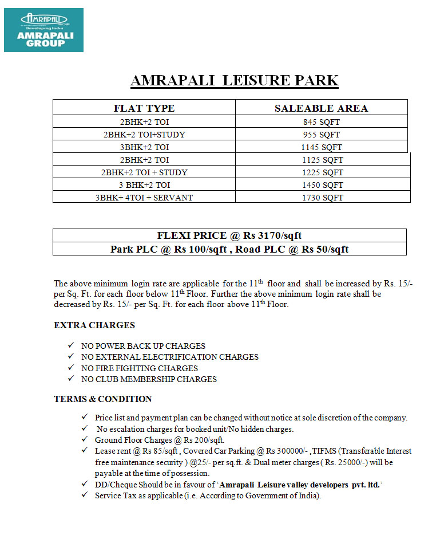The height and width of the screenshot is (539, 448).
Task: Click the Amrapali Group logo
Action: (x=43, y=30)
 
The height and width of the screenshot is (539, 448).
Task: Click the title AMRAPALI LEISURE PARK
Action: (x=235, y=80)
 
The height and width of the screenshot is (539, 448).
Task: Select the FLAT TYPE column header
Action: (x=144, y=108)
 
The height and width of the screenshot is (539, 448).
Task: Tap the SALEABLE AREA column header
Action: (x=321, y=108)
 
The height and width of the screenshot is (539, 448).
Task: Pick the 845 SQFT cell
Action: (x=322, y=122)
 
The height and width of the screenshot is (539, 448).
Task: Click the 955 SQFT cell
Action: (x=322, y=135)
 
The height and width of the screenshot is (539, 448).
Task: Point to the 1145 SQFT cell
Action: (x=322, y=147)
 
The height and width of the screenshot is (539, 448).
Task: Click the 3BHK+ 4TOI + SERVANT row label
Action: (x=144, y=198)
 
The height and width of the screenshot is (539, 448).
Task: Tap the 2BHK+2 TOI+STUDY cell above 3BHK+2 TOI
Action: (x=144, y=135)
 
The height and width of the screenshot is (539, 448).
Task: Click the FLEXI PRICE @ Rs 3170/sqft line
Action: (x=229, y=235)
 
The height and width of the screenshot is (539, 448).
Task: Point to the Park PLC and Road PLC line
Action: (x=229, y=249)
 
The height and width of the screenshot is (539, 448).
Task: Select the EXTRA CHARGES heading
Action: (x=94, y=325)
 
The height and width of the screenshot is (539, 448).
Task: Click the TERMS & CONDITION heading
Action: (x=103, y=399)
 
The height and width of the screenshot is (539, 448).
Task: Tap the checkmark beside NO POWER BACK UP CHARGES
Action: (x=70, y=346)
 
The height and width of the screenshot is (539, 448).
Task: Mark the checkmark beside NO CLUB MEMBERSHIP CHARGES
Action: (x=70, y=379)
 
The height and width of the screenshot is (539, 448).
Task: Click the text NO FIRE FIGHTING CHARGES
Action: (x=140, y=368)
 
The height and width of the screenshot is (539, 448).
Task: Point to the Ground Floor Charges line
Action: (x=160, y=440)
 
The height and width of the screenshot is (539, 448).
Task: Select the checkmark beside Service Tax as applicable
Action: (x=85, y=495)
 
